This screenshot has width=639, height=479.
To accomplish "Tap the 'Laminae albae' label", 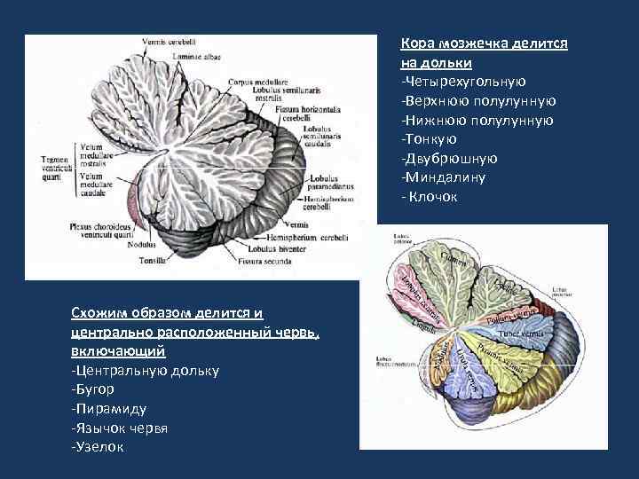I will point(197,56).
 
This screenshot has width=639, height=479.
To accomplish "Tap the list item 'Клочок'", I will point(430,196).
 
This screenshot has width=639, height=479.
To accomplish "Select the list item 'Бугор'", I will point(92,389).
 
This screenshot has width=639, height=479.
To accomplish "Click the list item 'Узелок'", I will point(98,446).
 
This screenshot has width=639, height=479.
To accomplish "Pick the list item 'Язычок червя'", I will point(119,428).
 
